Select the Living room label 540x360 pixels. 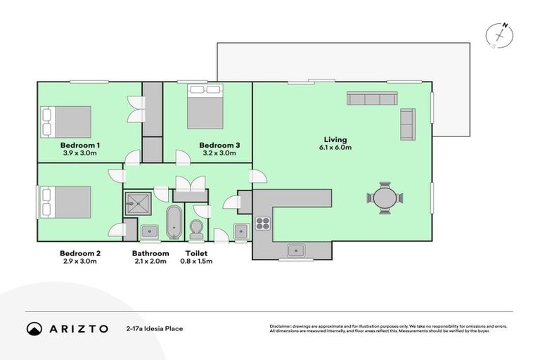[x=335, y=139]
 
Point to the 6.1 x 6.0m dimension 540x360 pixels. [x=335, y=148]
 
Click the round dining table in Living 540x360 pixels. [x=385, y=198]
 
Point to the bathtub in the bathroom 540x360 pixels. [x=174, y=222]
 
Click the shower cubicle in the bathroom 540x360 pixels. [x=138, y=204]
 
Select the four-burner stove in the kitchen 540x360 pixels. [x=263, y=224]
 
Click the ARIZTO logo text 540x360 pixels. [x=78, y=328]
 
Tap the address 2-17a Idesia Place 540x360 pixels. [x=155, y=328]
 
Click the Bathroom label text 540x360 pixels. [x=150, y=253]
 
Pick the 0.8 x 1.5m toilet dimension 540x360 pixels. [x=199, y=261]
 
